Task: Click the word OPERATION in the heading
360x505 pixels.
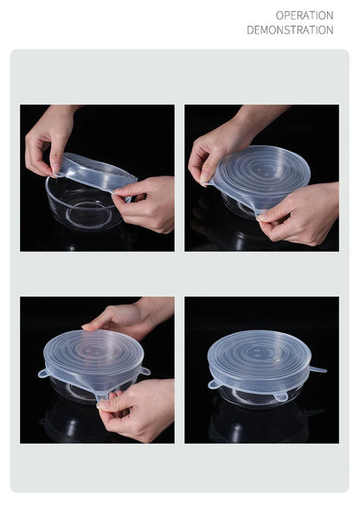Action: point(304,15)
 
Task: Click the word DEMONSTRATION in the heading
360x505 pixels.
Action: point(290,30)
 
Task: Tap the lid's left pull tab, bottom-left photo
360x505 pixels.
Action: point(42,374)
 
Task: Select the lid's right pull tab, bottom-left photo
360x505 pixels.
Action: point(145,372)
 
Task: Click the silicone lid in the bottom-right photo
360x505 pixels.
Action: point(259,356)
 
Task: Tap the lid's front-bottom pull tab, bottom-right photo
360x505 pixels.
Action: point(280,397)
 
